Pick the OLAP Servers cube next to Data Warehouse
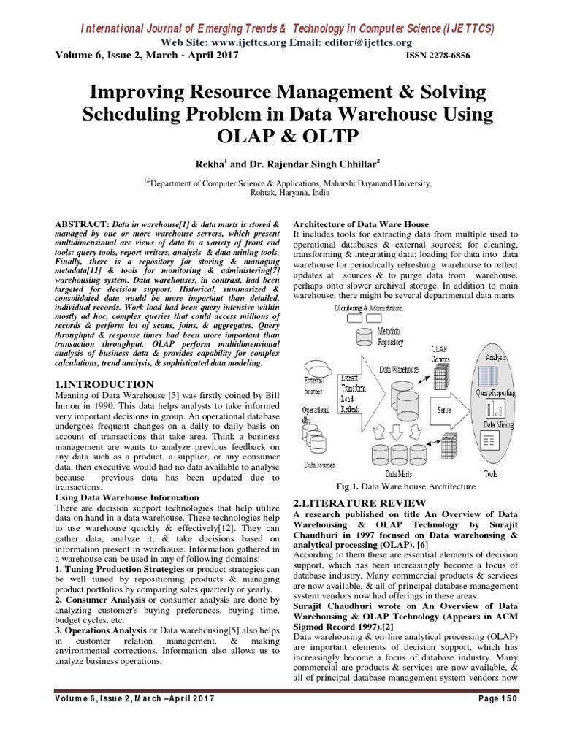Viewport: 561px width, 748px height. (441, 377)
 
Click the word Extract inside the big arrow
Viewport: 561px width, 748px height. (351, 379)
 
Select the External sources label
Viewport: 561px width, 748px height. (317, 385)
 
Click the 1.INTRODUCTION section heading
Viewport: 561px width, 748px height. (104, 384)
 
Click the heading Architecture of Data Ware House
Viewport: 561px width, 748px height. (361, 224)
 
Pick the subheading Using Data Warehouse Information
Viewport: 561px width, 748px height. (127, 497)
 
